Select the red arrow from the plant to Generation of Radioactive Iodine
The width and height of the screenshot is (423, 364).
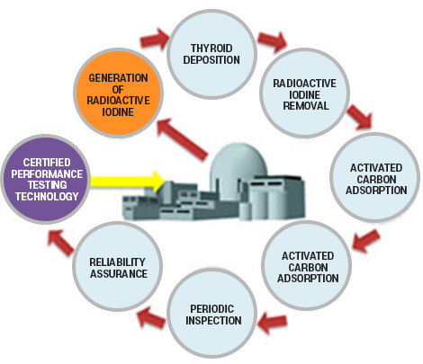(182, 138)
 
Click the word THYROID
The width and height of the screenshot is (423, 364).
(211, 49)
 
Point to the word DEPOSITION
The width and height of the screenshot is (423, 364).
(211, 60)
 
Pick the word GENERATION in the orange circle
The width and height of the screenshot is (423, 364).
(118, 78)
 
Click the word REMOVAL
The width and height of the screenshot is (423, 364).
(306, 106)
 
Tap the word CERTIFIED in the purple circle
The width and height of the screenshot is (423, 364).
(47, 163)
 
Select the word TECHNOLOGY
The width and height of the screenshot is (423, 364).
(47, 197)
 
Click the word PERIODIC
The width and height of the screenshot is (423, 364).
(211, 309)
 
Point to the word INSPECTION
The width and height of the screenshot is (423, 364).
(213, 321)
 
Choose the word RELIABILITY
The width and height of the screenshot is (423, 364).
(117, 262)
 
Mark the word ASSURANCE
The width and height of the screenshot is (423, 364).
(119, 274)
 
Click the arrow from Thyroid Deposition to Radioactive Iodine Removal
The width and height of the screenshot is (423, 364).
(273, 40)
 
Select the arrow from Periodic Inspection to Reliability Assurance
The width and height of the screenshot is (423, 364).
(151, 318)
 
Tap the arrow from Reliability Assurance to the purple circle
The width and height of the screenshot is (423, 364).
(61, 243)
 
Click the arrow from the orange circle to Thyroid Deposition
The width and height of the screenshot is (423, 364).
(155, 39)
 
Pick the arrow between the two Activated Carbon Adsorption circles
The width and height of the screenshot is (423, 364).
(366, 240)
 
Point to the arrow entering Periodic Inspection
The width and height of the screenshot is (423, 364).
(273, 323)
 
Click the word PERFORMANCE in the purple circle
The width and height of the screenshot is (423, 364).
(47, 174)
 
